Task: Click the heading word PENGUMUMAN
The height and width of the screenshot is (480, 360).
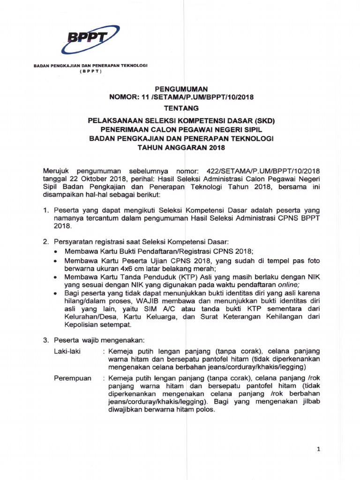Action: [181, 88]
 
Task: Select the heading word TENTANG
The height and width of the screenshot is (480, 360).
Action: [180, 108]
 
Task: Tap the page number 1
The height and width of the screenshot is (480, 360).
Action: [318, 450]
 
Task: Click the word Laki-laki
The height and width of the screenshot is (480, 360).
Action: [66, 350]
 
